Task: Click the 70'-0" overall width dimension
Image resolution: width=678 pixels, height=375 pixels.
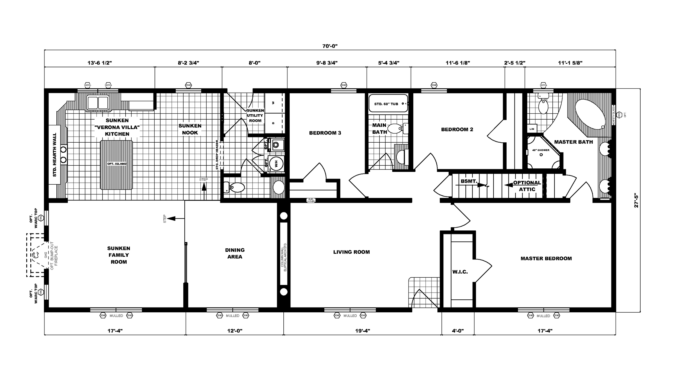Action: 330,46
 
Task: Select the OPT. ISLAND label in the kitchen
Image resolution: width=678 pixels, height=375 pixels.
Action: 117,164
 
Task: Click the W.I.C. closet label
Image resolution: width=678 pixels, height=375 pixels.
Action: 460,272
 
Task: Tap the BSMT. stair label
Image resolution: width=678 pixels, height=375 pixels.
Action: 469,181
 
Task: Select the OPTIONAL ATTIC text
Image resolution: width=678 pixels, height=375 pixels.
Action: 527,186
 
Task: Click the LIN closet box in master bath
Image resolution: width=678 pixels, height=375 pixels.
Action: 532,129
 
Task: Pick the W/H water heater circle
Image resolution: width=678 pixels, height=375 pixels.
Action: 276,164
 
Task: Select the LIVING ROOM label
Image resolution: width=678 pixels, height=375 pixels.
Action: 351,252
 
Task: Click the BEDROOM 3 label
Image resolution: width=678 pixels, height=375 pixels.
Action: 325,133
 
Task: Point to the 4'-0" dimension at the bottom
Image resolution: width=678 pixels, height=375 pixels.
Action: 458,331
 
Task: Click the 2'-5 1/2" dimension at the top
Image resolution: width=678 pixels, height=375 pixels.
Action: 514,63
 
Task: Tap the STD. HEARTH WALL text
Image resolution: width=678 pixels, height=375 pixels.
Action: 55,155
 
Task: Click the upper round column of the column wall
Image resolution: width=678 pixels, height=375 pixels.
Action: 283,216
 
